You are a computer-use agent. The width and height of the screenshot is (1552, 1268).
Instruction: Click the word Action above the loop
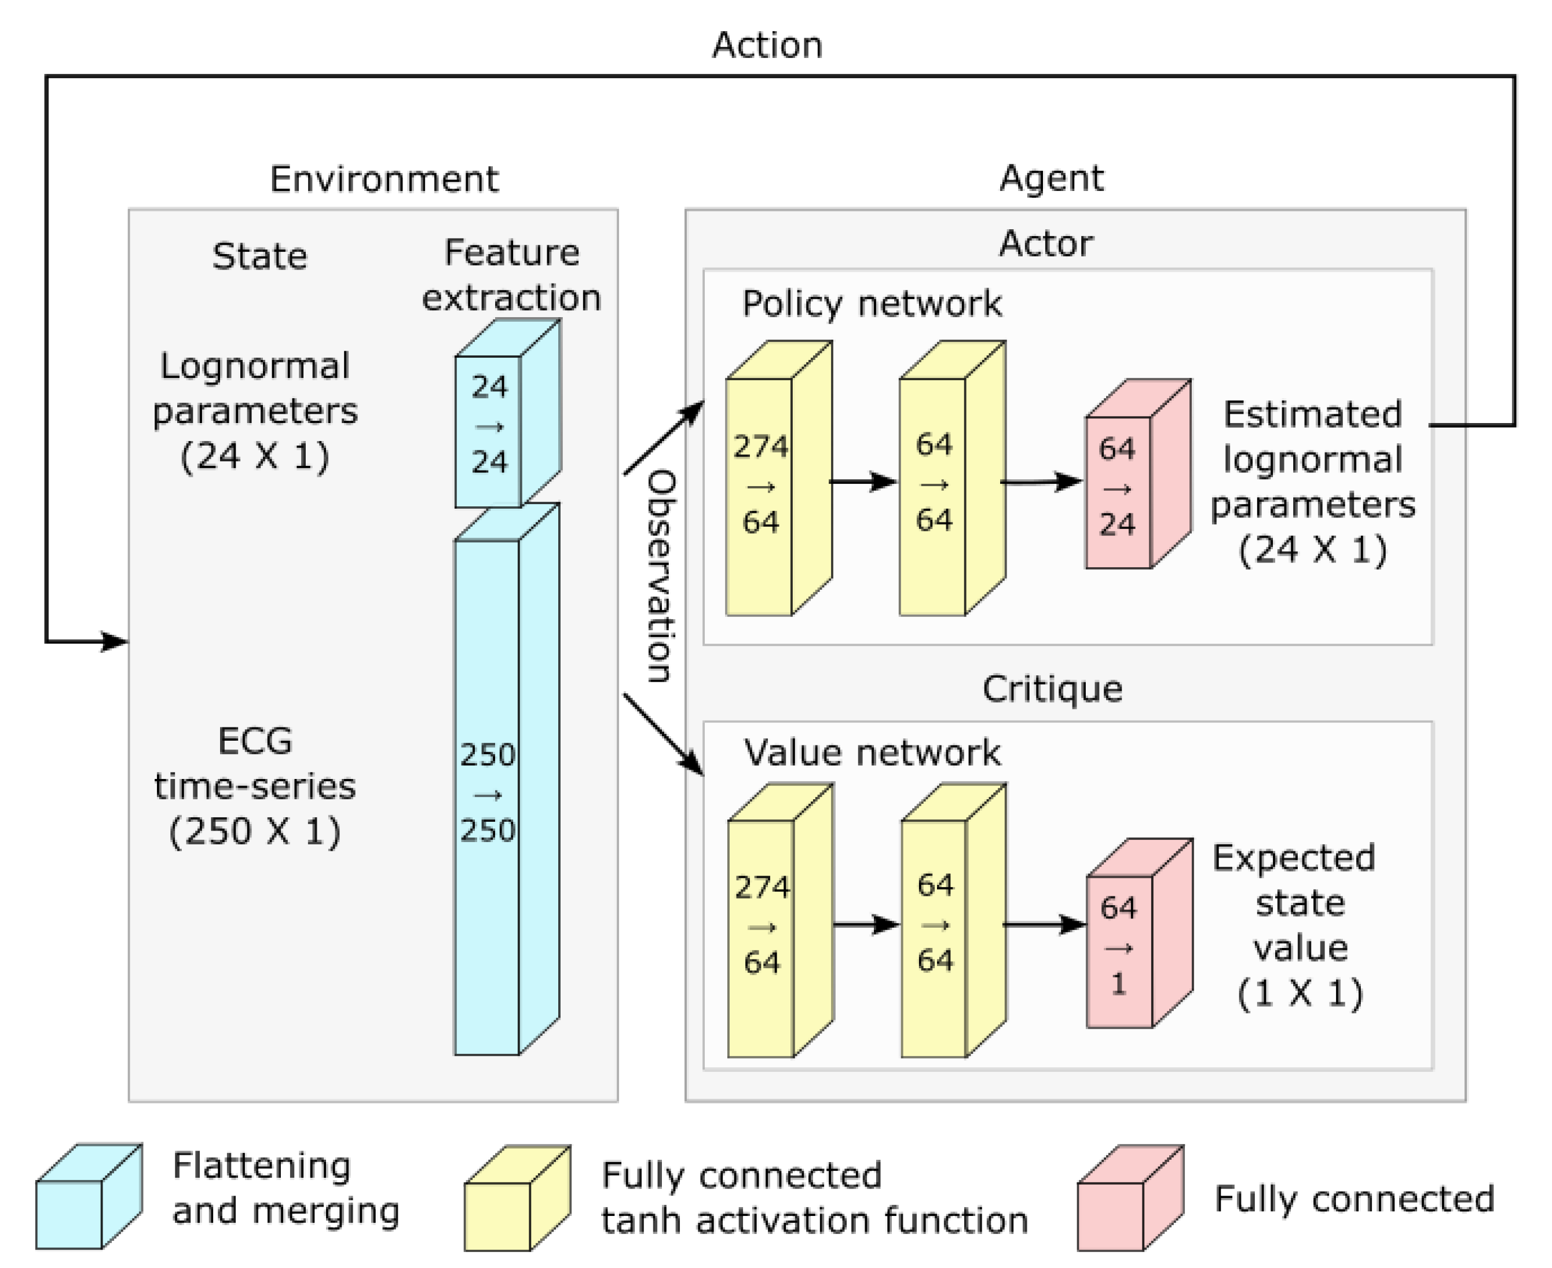(x=767, y=45)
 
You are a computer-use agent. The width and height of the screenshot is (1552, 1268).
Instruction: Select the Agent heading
(x=1052, y=178)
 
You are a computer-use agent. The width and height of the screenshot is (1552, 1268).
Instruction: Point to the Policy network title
(x=872, y=304)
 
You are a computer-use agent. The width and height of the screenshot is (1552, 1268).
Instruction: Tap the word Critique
(x=1052, y=689)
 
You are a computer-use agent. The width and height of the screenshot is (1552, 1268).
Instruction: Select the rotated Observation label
(x=661, y=577)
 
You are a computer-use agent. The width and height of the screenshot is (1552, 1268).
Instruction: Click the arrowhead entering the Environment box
(x=115, y=642)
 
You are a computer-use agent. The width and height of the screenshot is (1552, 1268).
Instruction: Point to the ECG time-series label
(x=255, y=786)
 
